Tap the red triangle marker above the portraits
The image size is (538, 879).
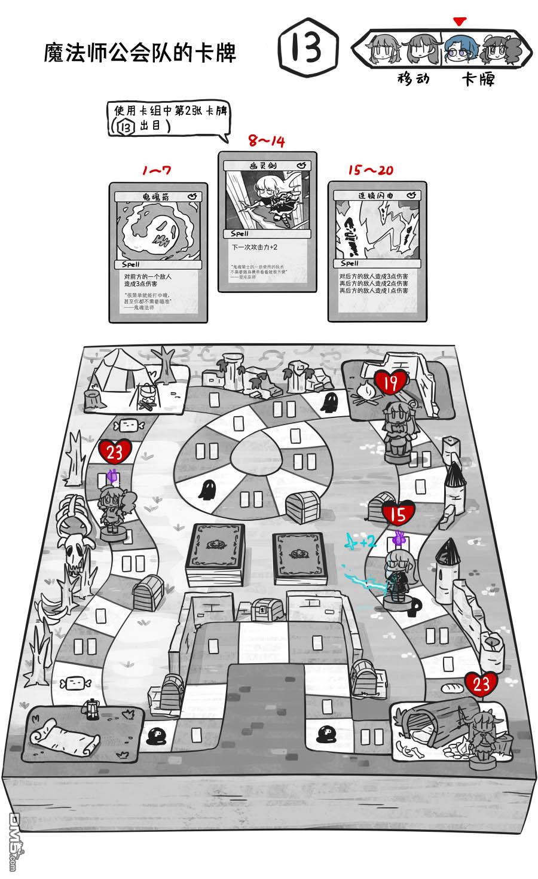coord(458,22)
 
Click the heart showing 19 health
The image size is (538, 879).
coord(391,383)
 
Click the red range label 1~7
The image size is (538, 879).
coord(157,170)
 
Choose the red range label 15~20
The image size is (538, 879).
coord(371,170)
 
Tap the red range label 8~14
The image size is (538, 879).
coord(267,141)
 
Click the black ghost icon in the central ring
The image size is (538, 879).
coord(207,490)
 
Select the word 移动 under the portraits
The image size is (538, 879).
coord(414,78)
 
